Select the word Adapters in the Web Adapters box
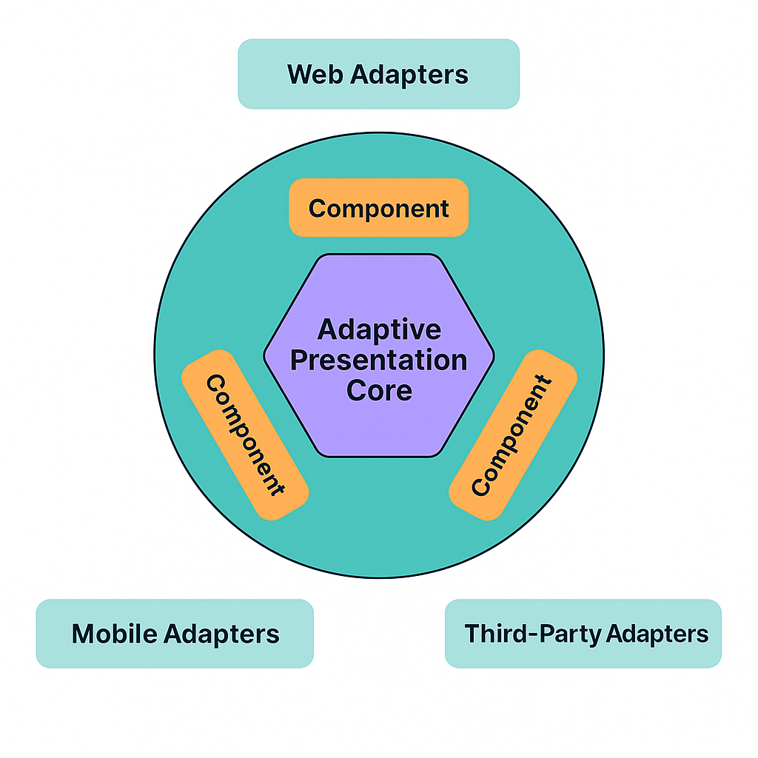(x=410, y=75)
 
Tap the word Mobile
(x=113, y=634)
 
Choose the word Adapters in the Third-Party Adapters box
(x=657, y=634)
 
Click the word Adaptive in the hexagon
(x=379, y=330)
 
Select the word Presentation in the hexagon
(x=379, y=361)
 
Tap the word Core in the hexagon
(x=379, y=391)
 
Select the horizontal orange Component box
(x=379, y=208)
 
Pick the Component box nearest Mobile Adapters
(x=245, y=435)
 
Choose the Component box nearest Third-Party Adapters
(x=512, y=435)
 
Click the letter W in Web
(x=299, y=75)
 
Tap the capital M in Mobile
(x=83, y=634)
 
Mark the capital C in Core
(x=356, y=391)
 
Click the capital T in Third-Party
(x=472, y=634)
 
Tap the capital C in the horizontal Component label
(x=318, y=209)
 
